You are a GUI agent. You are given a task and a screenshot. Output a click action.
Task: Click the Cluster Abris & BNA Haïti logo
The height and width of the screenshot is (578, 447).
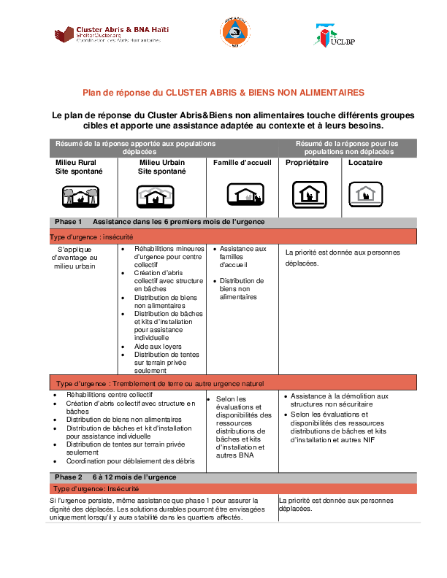[x=121, y=34]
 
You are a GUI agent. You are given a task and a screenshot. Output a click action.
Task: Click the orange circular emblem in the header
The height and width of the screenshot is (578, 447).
[x=234, y=33]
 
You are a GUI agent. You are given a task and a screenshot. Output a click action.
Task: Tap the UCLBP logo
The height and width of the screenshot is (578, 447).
[x=334, y=35]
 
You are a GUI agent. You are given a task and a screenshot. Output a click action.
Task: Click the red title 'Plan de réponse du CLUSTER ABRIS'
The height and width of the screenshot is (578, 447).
[x=223, y=93]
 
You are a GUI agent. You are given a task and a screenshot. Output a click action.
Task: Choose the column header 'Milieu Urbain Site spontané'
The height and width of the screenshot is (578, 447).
[x=162, y=166]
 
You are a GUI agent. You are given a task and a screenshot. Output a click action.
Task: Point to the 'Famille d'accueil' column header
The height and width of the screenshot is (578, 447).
[x=242, y=163]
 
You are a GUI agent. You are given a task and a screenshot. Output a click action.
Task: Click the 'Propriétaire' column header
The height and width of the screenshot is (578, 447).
[x=307, y=163]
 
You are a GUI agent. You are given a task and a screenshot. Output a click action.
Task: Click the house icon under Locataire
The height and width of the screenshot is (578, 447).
[x=365, y=193]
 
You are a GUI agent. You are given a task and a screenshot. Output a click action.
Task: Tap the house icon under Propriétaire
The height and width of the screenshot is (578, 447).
[x=307, y=194]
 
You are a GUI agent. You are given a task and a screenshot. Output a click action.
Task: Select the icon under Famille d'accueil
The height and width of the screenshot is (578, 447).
[x=244, y=195]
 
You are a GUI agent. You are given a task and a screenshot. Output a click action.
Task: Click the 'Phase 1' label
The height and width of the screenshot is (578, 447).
[x=68, y=221]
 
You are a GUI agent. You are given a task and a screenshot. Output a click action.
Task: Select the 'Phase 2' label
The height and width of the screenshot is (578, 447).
[x=68, y=477]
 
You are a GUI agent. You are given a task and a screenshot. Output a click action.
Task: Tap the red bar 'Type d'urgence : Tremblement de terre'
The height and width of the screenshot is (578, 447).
[x=160, y=383]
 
